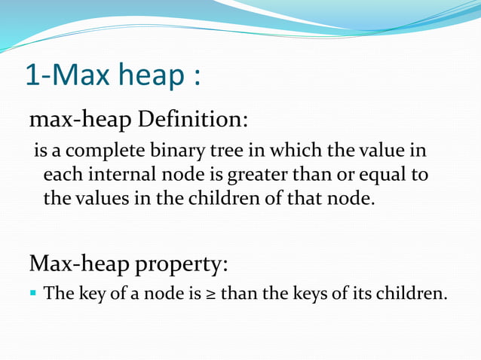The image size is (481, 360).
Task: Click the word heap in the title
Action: point(148,77)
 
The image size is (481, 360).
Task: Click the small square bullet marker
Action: point(34,292)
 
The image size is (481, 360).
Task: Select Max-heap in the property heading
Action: point(77,265)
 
